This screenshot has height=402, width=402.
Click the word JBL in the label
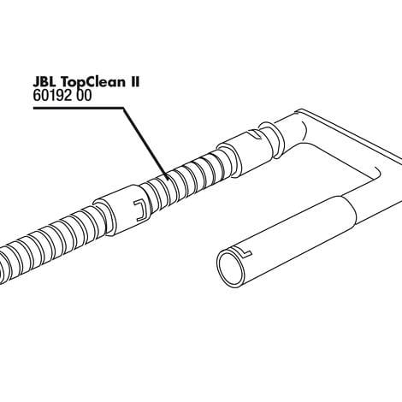[45, 82]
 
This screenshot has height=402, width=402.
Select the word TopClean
[93, 83]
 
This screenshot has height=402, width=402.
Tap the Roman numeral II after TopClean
[134, 82]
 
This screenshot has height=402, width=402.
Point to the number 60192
[52, 96]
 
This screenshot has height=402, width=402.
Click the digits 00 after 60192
[84, 96]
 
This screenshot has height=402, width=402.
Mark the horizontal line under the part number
[79, 108]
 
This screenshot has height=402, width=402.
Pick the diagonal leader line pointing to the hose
[145, 144]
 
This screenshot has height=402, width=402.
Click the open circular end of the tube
[230, 267]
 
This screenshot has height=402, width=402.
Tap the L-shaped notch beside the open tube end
[246, 252]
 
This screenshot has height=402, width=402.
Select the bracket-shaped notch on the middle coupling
[141, 210]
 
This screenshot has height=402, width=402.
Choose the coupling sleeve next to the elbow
[249, 151]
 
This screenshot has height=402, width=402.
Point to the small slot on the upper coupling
[255, 133]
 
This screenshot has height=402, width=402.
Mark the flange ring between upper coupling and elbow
[272, 139]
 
